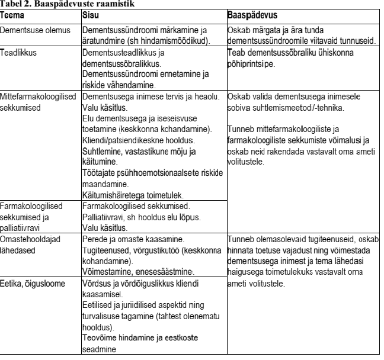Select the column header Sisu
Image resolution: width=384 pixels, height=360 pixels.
(x=89, y=12)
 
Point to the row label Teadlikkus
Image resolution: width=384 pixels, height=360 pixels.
(x=18, y=52)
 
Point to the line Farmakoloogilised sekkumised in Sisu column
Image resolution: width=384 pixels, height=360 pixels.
(x=135, y=206)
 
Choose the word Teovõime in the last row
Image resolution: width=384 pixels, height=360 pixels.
(x=98, y=337)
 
